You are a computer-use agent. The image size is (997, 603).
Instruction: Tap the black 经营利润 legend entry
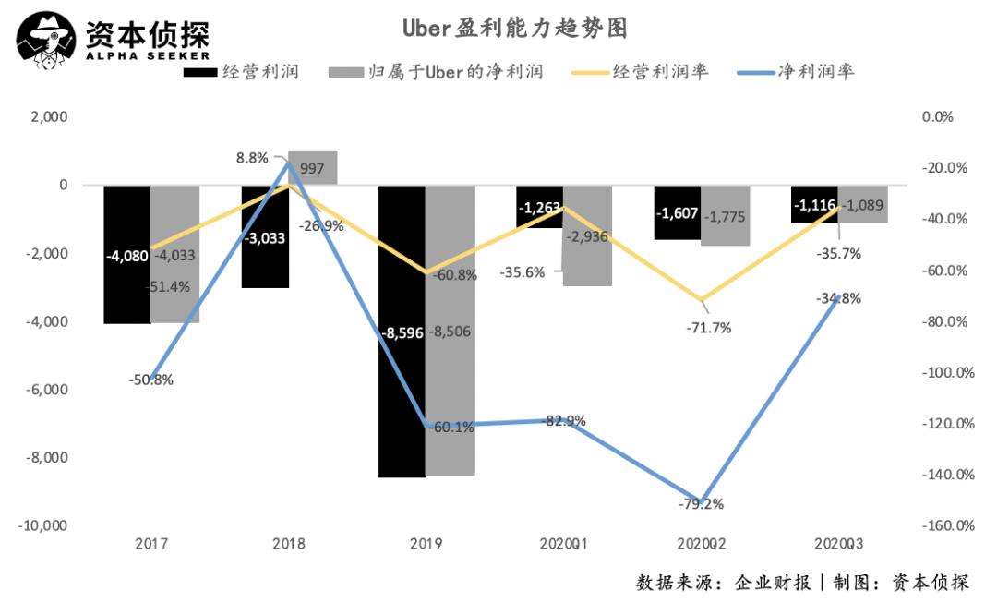coord(242,71)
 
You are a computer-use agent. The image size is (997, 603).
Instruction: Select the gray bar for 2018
coord(313,167)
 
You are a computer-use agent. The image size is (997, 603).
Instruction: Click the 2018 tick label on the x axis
coord(288,545)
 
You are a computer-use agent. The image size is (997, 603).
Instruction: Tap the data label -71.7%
coord(708,327)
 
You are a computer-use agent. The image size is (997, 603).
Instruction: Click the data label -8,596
coord(402,332)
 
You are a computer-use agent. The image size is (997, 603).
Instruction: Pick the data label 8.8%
coord(252,159)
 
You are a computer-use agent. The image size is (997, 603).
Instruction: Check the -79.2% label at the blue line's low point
coord(701,504)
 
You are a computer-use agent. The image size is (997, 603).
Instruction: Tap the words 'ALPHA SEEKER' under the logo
coord(135,57)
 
